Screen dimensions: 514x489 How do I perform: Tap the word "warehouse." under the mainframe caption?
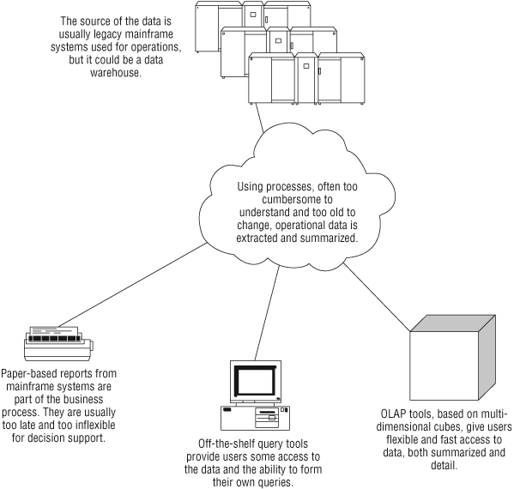pos(116,72)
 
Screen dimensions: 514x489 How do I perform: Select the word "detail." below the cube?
pos(444,465)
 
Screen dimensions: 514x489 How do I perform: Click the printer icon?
pos(58,343)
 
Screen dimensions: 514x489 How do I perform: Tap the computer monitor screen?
pos(256,382)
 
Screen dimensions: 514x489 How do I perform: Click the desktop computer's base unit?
pos(255,418)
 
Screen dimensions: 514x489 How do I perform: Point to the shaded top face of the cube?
pos(453,323)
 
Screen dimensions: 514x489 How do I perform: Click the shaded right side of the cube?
pos(487,357)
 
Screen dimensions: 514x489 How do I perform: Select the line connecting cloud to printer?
pos(132,285)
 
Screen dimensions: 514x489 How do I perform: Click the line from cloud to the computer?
pos(267,312)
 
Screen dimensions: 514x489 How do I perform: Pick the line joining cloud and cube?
pos(377,297)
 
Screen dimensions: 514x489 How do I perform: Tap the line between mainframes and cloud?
pos(259,118)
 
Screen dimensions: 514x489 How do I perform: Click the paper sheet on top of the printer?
pos(54,330)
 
